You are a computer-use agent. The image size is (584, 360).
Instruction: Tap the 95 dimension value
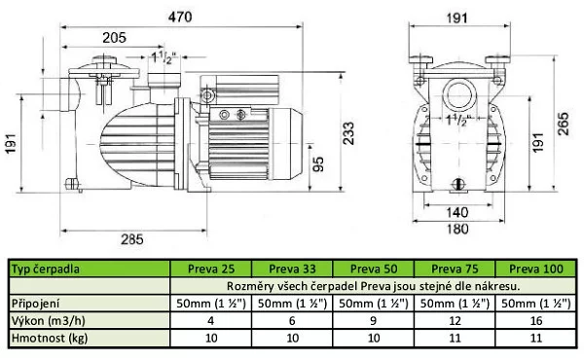click(317, 166)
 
